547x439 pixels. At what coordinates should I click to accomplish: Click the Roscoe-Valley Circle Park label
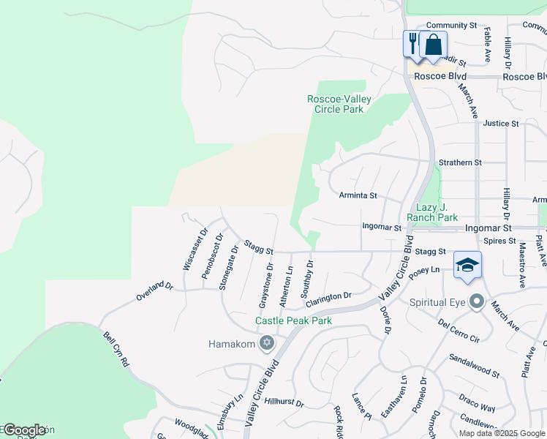click(x=339, y=104)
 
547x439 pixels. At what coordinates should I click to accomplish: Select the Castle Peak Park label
click(x=293, y=320)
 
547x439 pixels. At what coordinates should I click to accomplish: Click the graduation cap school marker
click(x=467, y=265)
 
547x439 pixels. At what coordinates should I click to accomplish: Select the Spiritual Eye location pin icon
click(x=477, y=301)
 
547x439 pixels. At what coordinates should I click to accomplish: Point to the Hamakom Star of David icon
click(x=267, y=343)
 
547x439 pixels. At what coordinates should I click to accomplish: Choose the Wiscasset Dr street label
click(x=195, y=252)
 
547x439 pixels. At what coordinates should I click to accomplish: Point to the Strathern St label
click(x=459, y=162)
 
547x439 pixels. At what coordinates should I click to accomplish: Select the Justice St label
click(x=500, y=124)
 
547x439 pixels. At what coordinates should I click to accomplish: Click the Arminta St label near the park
click(x=358, y=195)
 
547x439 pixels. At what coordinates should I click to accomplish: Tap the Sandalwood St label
click(x=474, y=367)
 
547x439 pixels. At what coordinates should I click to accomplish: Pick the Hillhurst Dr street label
click(x=284, y=402)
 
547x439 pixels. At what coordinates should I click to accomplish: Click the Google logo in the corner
click(x=24, y=430)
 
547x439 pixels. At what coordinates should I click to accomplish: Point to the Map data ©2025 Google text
click(x=501, y=433)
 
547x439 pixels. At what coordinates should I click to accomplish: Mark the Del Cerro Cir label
click(x=458, y=331)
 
